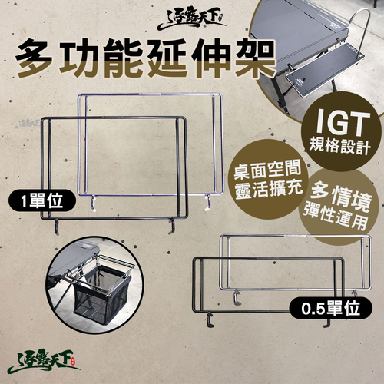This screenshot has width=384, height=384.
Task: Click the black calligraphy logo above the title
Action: (192, 18)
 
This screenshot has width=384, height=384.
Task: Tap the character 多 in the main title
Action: (34, 58)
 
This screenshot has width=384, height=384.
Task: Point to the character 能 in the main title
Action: (121, 58)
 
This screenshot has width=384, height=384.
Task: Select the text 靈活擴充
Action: (268, 190)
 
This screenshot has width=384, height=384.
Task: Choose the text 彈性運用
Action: (335, 218)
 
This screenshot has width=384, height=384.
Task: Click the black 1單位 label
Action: (42, 200)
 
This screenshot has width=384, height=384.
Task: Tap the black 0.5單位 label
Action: (330, 308)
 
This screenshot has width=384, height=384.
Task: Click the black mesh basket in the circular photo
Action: (102, 290)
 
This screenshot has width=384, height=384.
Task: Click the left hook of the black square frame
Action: (57, 227)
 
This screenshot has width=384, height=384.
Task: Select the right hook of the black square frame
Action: (172, 227)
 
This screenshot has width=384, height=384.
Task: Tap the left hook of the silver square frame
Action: (93, 203)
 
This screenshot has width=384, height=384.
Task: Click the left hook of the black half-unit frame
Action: (210, 319)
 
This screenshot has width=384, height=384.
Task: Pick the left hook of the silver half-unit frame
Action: (237, 297)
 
